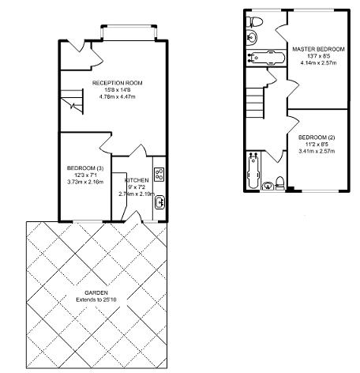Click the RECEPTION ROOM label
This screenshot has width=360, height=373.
(118, 83)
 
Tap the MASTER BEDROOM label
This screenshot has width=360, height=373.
(318, 49)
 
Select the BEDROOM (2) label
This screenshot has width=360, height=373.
(317, 138)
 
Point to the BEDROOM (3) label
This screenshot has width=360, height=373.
(85, 168)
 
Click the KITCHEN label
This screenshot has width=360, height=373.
(137, 180)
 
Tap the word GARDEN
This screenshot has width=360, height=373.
(96, 292)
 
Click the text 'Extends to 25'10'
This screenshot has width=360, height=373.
(96, 300)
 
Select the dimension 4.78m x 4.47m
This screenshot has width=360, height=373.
(118, 96)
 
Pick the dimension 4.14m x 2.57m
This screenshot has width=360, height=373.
(318, 62)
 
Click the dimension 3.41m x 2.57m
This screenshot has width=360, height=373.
(317, 151)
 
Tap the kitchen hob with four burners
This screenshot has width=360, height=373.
(159, 175)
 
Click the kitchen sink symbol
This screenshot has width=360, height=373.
(159, 202)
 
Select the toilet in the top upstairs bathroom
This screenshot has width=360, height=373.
(255, 22)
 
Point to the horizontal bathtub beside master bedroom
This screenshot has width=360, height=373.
(266, 58)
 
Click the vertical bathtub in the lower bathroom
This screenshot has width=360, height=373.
(253, 170)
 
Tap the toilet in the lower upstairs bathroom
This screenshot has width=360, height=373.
(279, 183)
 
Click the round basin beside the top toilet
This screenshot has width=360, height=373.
(252, 36)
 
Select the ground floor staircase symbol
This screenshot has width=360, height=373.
(72, 102)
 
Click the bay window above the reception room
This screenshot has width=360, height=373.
(129, 32)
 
